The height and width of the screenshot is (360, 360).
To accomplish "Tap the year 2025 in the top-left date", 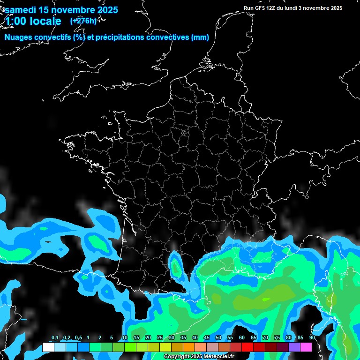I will point(106,9).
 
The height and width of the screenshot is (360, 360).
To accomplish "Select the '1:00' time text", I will point(16,21).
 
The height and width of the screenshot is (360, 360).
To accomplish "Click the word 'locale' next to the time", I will point(45,21).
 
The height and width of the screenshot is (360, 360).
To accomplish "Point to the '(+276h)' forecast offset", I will point(83,21).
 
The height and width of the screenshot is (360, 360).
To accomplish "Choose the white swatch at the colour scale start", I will point(48,347).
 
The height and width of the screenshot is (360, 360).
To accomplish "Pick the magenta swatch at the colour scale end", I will point(306,347).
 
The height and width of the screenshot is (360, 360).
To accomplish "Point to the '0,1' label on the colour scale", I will point(55,338).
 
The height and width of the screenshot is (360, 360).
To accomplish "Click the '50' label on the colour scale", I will point(218,338).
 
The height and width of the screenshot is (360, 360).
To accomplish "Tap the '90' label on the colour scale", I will point(312,338).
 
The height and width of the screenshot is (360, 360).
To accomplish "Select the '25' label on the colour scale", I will point(160,338).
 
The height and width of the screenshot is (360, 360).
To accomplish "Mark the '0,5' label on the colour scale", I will point(78,338).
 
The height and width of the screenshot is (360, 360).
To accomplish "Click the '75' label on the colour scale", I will point(277,338).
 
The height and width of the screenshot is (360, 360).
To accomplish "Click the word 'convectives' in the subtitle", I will point(168,37).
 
